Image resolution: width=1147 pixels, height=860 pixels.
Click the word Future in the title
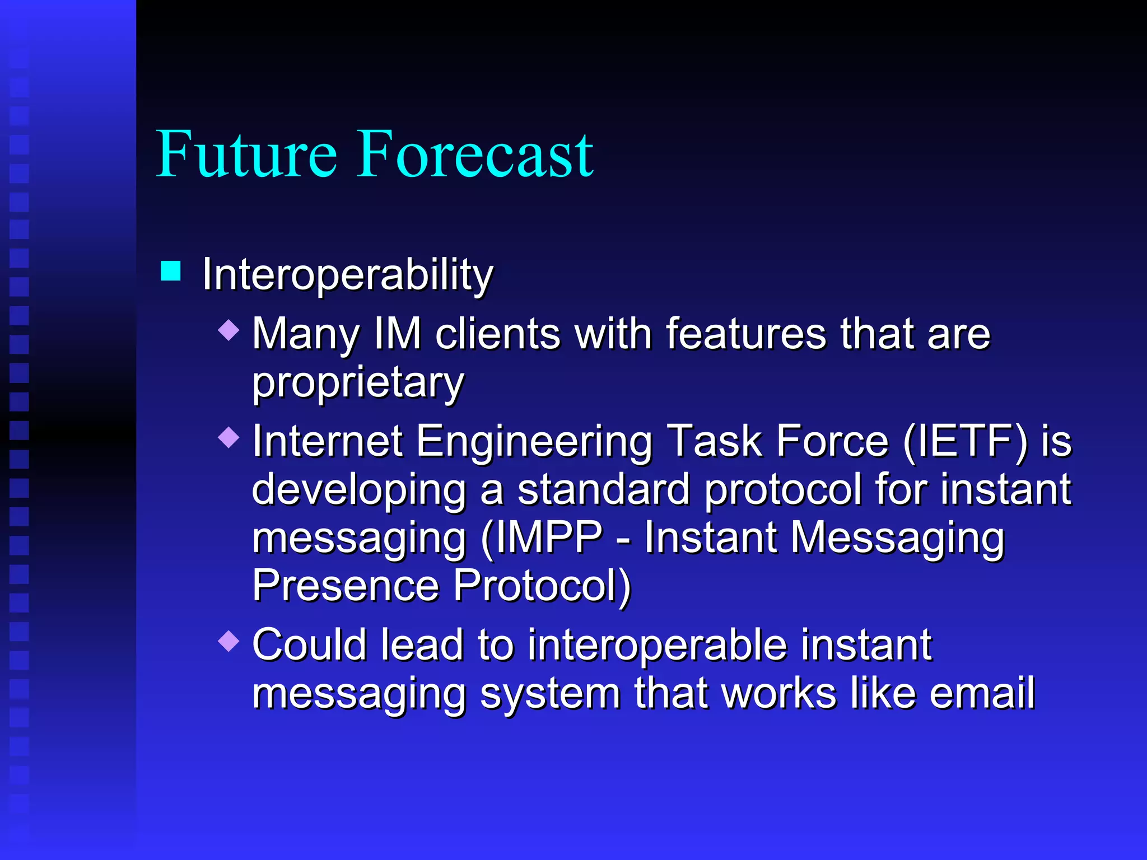(x=246, y=154)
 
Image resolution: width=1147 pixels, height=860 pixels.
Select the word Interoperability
(x=347, y=275)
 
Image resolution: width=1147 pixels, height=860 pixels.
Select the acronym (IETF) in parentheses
(x=964, y=441)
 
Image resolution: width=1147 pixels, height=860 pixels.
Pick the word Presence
(x=345, y=586)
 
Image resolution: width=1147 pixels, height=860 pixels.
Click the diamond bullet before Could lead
(x=229, y=640)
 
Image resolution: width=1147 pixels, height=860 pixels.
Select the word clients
(x=498, y=334)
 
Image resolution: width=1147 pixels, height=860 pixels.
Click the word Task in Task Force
(x=714, y=441)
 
